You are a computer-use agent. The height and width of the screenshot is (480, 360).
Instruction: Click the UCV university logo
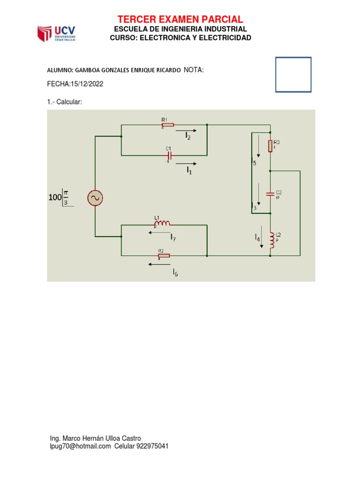pos(56,33)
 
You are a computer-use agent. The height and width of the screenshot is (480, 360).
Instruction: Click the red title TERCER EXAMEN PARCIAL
pos(180,19)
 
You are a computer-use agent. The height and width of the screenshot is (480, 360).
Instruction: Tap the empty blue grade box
pos(293,75)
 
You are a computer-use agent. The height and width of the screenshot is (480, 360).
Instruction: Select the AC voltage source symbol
pos(95,198)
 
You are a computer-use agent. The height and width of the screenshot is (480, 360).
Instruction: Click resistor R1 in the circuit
pos(167,125)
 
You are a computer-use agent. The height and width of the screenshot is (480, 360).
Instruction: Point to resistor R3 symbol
pos(270,146)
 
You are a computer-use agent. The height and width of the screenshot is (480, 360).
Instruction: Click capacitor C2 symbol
pos(270,194)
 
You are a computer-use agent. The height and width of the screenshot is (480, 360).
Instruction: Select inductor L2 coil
pos(271,239)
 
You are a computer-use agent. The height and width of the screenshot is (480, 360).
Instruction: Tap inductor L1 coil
pos(163,224)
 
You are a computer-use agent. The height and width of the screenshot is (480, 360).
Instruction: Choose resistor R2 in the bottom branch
pos(164,255)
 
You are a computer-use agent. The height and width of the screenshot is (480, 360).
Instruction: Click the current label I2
pos(187,136)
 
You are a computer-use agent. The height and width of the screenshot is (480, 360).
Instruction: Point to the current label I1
pos(189,171)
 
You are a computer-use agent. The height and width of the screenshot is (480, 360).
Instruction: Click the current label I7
pos(173,237)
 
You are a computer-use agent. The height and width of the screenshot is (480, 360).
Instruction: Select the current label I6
pos(175,272)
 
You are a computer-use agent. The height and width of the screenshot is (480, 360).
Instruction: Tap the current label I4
pos(257,239)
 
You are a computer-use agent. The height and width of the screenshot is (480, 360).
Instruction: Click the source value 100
pos(55,198)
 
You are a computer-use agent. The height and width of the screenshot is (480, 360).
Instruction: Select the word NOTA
pos(194,70)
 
